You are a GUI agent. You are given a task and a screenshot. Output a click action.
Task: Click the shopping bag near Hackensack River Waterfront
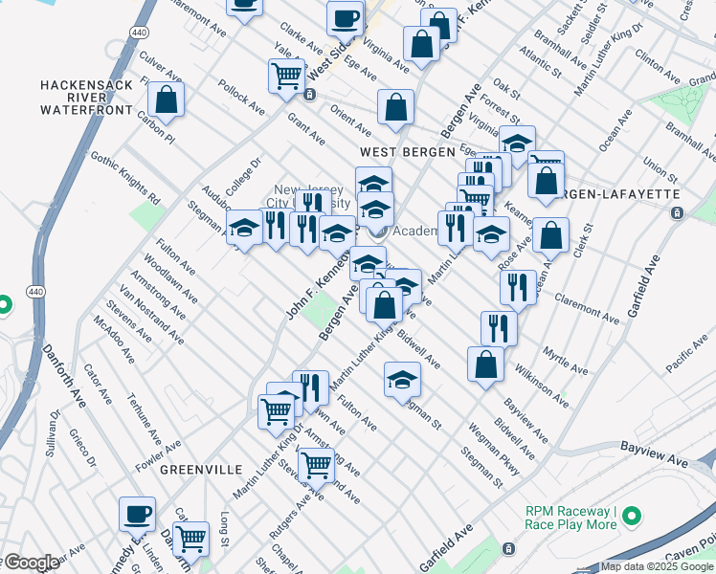click(166, 100)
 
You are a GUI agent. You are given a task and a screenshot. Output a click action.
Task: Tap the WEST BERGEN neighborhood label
click(398, 152)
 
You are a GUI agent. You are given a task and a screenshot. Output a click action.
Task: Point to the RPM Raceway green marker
click(631, 518)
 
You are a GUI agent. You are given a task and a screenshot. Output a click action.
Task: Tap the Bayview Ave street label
click(654, 448)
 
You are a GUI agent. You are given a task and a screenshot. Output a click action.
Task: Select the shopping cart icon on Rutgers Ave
click(315, 465)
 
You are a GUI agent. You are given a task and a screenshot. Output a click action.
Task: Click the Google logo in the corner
click(31, 563)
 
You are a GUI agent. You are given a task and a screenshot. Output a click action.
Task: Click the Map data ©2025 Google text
click(657, 566)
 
